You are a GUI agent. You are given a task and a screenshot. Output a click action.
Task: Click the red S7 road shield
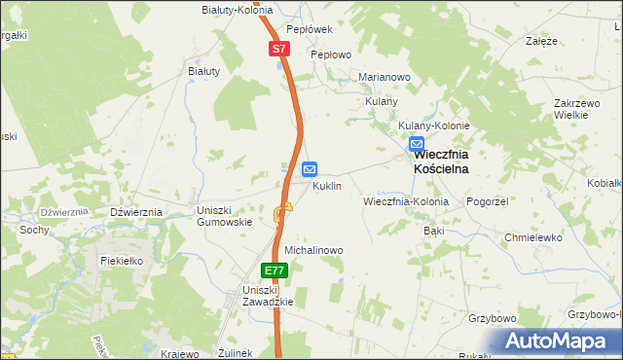pyautogui.click(x=278, y=48)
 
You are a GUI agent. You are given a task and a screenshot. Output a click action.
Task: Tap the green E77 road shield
pyautogui.click(x=275, y=270)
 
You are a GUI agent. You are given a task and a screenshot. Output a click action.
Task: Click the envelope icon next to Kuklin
pyautogui.click(x=310, y=168)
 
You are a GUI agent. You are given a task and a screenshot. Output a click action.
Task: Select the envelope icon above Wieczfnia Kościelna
pyautogui.click(x=417, y=143)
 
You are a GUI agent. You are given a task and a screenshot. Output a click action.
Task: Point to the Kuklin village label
pyautogui.click(x=326, y=186)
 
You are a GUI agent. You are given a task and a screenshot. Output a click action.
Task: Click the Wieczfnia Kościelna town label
pyautogui.click(x=441, y=162)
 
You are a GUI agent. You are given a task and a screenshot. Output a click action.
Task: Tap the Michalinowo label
pyautogui.click(x=313, y=250)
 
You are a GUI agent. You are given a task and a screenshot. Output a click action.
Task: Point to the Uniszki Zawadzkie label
pyautogui.click(x=268, y=296)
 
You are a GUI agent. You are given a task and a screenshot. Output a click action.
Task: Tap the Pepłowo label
pyautogui.click(x=330, y=55)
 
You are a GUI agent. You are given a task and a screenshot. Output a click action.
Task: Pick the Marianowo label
pyautogui.click(x=385, y=77)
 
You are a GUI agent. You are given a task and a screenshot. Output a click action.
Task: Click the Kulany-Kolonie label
pyautogui.click(x=434, y=126)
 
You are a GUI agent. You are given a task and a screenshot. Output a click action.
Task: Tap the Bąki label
pyautogui.click(x=434, y=232)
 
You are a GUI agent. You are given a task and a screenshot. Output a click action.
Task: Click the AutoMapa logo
pyautogui.click(x=562, y=340)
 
